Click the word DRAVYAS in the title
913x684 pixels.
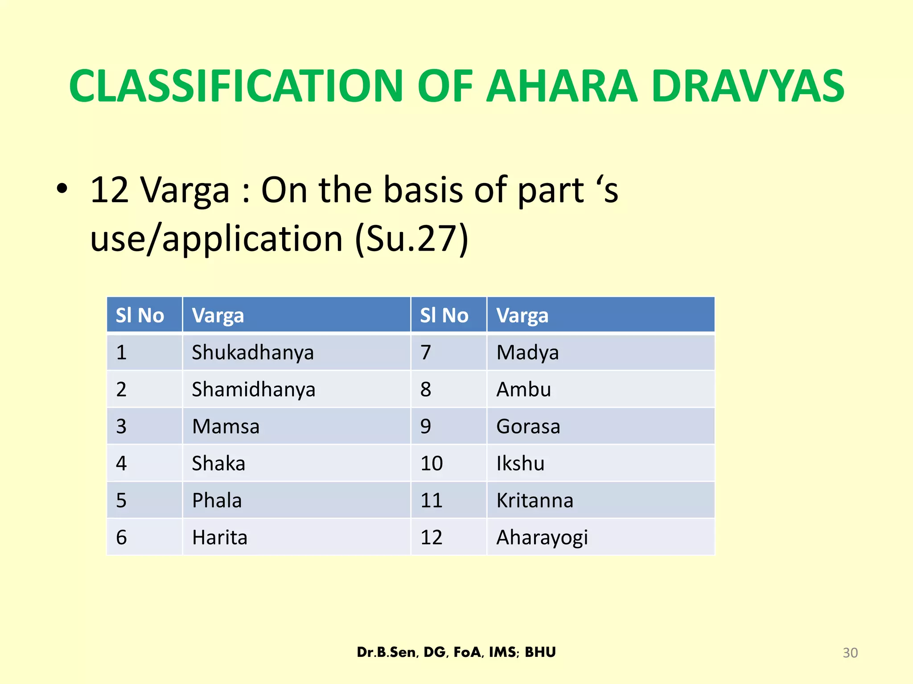(x=747, y=86)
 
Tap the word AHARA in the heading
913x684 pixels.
(x=562, y=86)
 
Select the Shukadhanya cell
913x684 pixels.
(x=253, y=353)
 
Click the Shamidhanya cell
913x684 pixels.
(x=254, y=390)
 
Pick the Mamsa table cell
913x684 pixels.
(x=226, y=427)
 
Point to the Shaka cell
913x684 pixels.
(x=218, y=464)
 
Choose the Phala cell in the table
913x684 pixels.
(x=217, y=501)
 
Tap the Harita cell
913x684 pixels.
(x=219, y=537)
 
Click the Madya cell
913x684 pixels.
(x=527, y=353)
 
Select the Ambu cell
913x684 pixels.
(x=524, y=390)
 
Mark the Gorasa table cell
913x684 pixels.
(x=528, y=427)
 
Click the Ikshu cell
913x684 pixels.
(x=520, y=464)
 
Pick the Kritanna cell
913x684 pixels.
(x=535, y=501)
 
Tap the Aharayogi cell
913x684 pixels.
(x=542, y=537)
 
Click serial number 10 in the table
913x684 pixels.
(x=432, y=464)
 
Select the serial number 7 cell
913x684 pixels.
(x=426, y=353)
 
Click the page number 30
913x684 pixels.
(x=850, y=653)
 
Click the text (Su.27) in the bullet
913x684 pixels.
(x=411, y=239)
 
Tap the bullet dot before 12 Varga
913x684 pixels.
(x=62, y=189)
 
